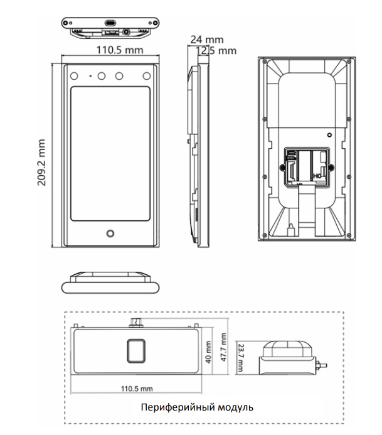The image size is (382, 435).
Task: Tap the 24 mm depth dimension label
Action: tap(206, 40)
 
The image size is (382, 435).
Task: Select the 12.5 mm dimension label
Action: tap(216, 50)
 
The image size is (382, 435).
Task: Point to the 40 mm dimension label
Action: tap(209, 353)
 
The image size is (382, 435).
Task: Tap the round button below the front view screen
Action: tap(110, 235)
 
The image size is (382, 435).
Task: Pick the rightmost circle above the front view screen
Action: tap(147, 76)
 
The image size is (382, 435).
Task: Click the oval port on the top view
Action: tap(110, 22)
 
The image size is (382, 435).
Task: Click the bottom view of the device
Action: tap(110, 282)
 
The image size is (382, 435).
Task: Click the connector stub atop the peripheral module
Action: tap(135, 322)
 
